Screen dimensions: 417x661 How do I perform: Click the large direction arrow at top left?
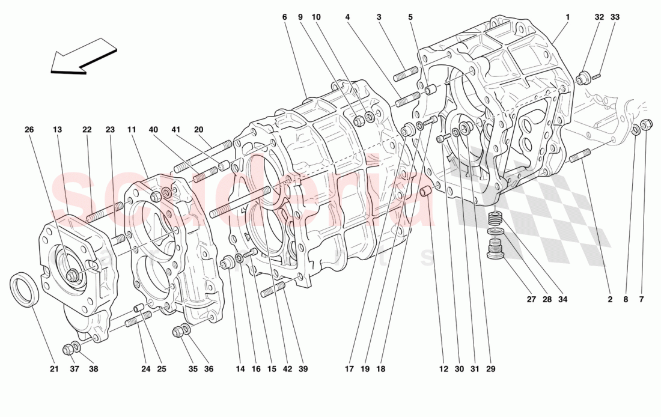[84, 56]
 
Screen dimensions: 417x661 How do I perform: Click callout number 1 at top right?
[567, 17]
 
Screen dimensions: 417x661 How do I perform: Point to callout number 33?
[615, 17]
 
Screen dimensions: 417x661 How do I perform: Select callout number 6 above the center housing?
[284, 17]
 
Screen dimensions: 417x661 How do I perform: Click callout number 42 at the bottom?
[288, 369]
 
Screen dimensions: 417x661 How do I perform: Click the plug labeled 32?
[582, 78]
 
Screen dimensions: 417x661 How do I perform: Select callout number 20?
[199, 129]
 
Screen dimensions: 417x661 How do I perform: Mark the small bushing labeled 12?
[425, 193]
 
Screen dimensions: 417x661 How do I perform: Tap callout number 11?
[132, 129]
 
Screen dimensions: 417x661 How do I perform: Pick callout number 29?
[490, 369]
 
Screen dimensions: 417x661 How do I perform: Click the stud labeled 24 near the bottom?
[138, 324]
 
